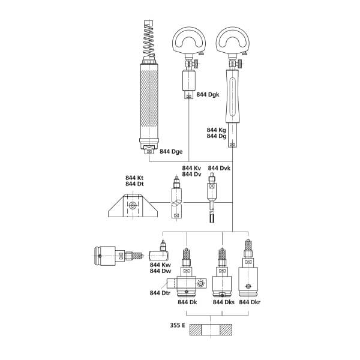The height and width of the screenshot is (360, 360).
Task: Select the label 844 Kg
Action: pyautogui.click(x=217, y=130)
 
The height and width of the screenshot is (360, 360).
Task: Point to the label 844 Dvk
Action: pyautogui.click(x=219, y=168)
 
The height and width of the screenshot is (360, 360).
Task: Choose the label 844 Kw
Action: pyautogui.click(x=161, y=265)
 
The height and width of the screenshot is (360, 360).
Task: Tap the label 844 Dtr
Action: pyautogui.click(x=160, y=292)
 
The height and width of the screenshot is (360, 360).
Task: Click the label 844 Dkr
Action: pyautogui.click(x=250, y=302)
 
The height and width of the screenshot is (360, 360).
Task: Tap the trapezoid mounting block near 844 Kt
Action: pyautogui.click(x=134, y=207)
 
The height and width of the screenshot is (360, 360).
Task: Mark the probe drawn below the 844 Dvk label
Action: pyautogui.click(x=212, y=198)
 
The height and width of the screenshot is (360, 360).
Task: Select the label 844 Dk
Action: pyautogui.click(x=187, y=302)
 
